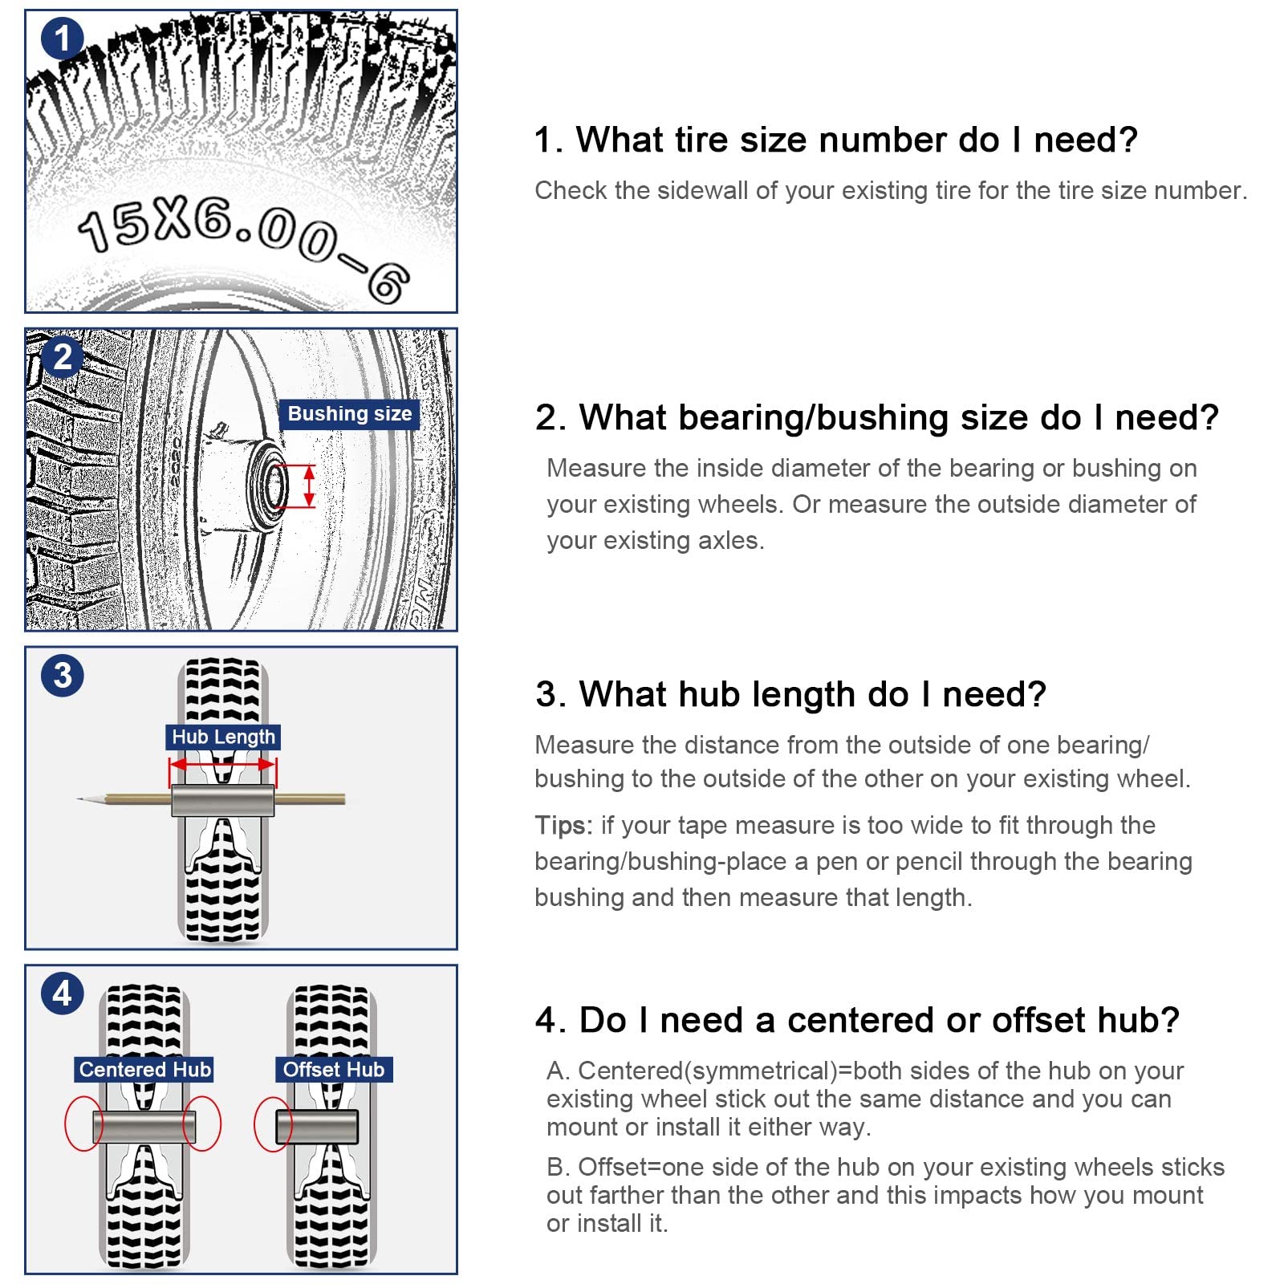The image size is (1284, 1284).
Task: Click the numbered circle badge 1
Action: (x=62, y=39)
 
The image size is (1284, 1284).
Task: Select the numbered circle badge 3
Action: (x=62, y=675)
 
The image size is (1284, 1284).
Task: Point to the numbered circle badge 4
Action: (x=62, y=993)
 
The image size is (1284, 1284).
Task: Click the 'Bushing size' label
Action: (x=349, y=414)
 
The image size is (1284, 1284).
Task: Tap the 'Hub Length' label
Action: (x=223, y=737)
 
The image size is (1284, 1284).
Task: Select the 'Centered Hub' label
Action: (x=144, y=1069)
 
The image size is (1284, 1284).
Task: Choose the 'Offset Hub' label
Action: (x=333, y=1069)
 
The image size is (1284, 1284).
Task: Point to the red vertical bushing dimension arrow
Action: (x=309, y=486)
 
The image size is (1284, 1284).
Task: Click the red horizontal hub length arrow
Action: (x=222, y=765)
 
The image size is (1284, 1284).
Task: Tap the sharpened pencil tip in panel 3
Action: (x=82, y=798)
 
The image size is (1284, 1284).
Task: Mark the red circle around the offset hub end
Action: (x=272, y=1124)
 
